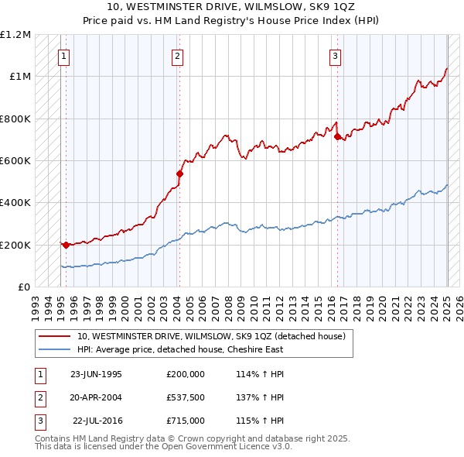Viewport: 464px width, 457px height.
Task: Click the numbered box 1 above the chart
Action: point(63,55)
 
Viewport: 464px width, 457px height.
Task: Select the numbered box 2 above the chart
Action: point(177,55)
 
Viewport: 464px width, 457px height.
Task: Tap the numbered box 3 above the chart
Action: point(336,55)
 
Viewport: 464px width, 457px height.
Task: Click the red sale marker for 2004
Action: point(179,174)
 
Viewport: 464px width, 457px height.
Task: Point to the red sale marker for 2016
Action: point(338,136)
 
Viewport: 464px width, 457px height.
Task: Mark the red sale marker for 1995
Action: point(66,245)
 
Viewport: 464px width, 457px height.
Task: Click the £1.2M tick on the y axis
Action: point(15,35)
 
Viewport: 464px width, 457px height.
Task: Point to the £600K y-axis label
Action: point(15,161)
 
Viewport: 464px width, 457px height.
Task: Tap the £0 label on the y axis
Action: point(23,287)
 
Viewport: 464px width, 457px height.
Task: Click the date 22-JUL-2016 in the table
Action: point(97,421)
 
